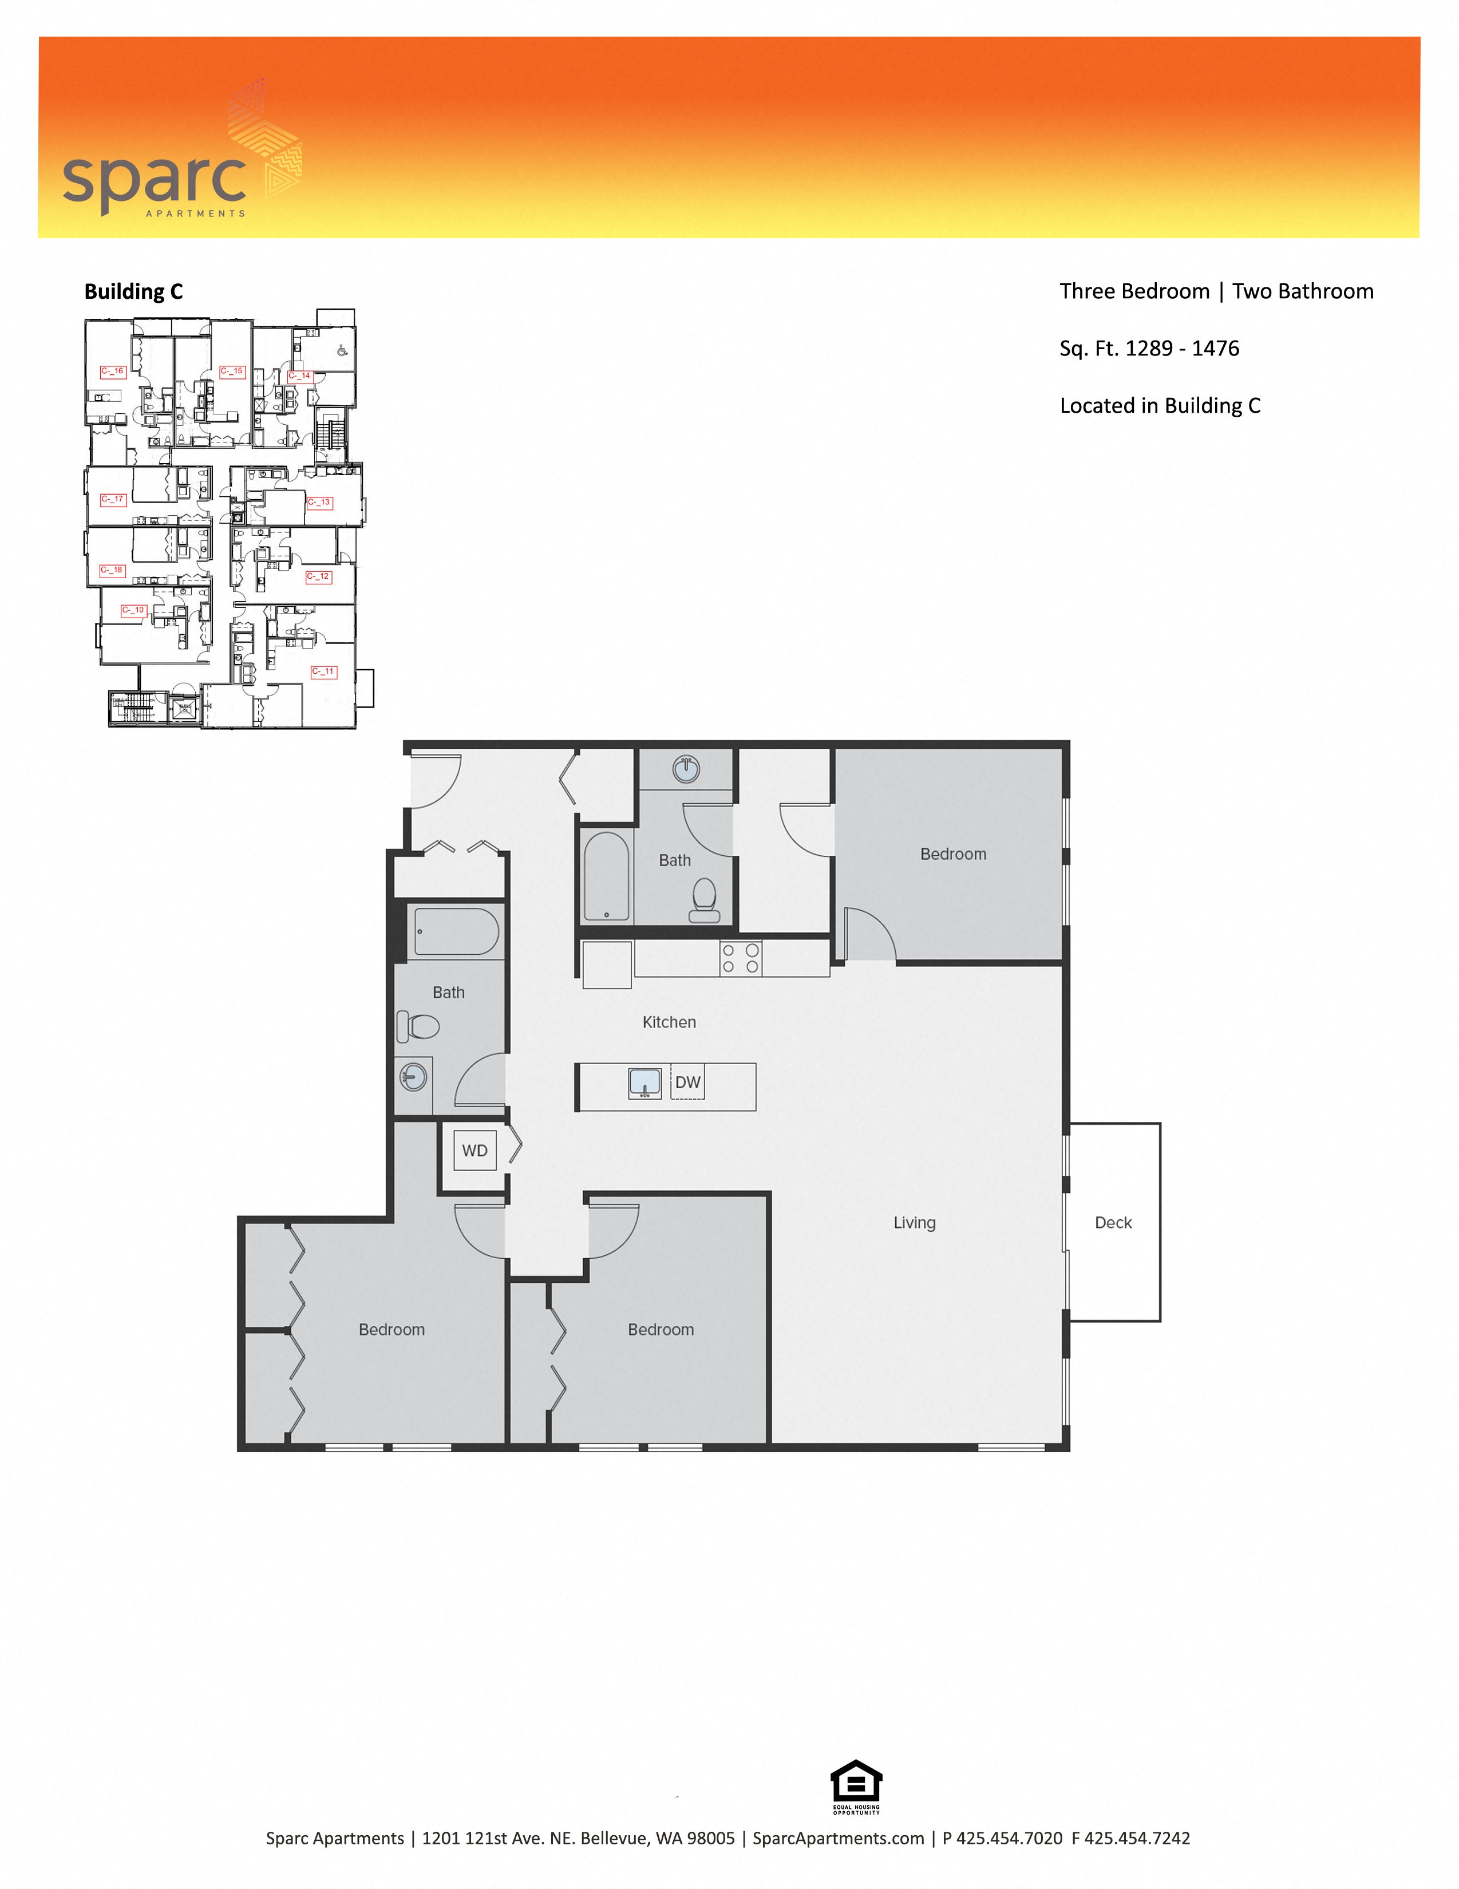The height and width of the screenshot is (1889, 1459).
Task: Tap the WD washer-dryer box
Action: (x=475, y=1151)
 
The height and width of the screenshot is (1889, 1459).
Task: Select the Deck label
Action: (x=1113, y=1222)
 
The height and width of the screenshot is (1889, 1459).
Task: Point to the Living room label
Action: (x=914, y=1222)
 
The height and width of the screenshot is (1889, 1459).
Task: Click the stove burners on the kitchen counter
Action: (x=740, y=958)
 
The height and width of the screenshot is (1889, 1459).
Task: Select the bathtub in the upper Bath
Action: (x=606, y=876)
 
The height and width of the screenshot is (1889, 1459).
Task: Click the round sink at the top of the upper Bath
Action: (x=686, y=768)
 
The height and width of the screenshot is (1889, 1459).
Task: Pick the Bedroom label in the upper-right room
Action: (x=953, y=853)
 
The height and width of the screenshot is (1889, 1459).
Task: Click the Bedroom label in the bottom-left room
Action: (x=392, y=1329)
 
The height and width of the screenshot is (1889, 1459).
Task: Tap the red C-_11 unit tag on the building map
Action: (x=323, y=671)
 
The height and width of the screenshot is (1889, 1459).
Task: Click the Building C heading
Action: (x=133, y=291)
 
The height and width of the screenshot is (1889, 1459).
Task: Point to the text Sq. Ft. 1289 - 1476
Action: (x=1149, y=349)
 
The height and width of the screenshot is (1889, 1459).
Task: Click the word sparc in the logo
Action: (x=154, y=179)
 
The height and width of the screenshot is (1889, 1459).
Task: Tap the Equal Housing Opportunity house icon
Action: (x=856, y=1782)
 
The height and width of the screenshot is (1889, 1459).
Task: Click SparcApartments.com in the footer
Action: (x=838, y=1838)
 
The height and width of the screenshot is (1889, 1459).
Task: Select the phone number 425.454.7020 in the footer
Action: (x=1009, y=1838)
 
